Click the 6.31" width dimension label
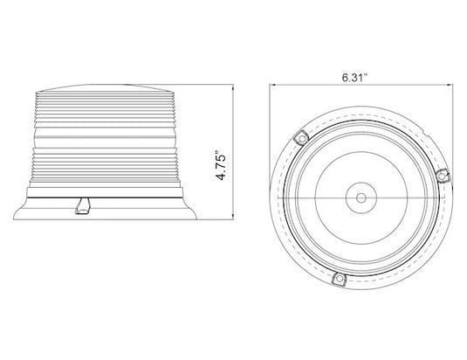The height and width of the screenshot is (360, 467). pyautogui.click(x=354, y=78)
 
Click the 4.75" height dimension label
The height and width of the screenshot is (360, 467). pyautogui.click(x=221, y=167)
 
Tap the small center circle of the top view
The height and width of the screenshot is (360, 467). pyautogui.click(x=361, y=197)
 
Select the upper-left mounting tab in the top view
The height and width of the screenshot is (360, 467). pyautogui.click(x=301, y=138)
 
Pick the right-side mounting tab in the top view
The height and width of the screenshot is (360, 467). pyautogui.click(x=443, y=177)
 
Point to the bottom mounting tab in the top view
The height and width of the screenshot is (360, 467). pyautogui.click(x=339, y=279)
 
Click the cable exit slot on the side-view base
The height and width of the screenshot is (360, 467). pyautogui.click(x=84, y=206)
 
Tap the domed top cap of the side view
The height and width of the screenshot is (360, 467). pyautogui.click(x=104, y=88)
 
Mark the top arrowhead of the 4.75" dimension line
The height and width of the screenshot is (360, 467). pyautogui.click(x=232, y=87)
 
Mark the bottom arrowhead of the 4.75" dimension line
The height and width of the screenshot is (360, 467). pyautogui.click(x=232, y=218)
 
